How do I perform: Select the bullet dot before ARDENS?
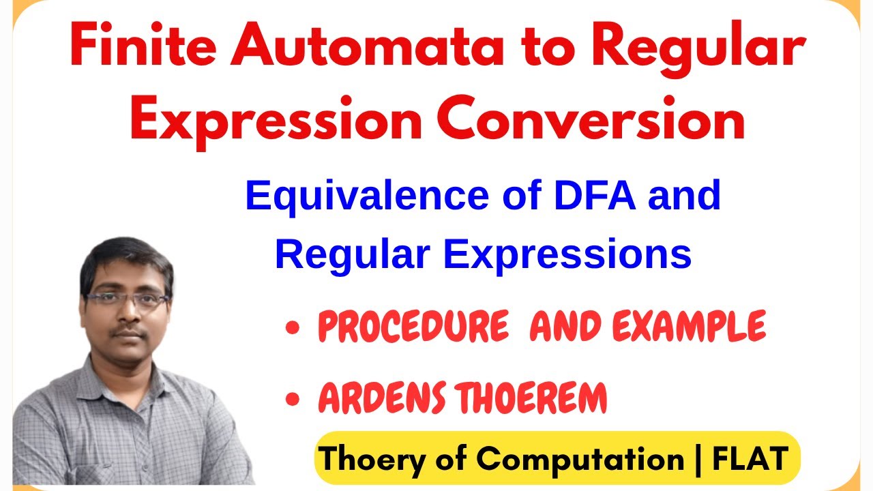(x=293, y=401)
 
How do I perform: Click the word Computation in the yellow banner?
(x=580, y=458)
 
